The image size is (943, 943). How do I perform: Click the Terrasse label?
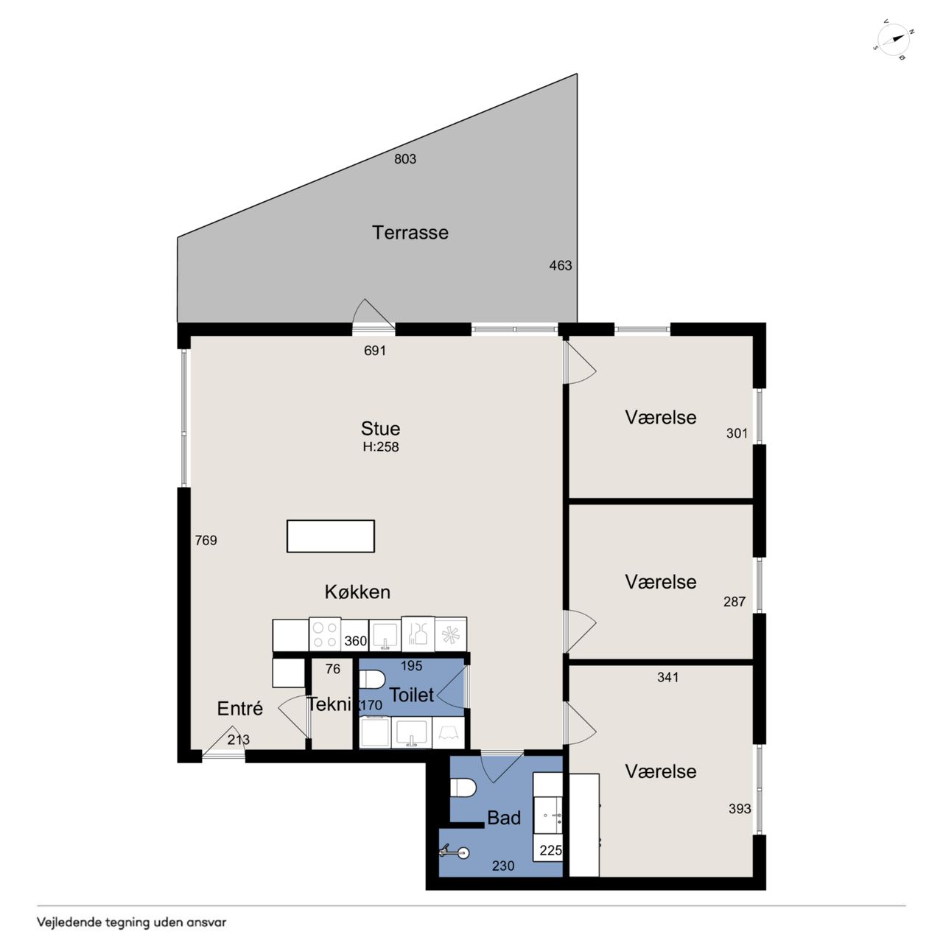pyautogui.click(x=410, y=233)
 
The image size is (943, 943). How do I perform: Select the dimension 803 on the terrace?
pyautogui.click(x=405, y=158)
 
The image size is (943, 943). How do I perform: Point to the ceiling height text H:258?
pyautogui.click(x=381, y=446)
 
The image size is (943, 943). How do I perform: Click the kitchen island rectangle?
pyautogui.click(x=331, y=536)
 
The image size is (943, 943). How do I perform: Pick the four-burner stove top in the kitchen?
pyautogui.click(x=325, y=634)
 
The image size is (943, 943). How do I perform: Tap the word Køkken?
pyautogui.click(x=357, y=592)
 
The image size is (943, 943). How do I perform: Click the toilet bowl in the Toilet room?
pyautogui.click(x=372, y=679)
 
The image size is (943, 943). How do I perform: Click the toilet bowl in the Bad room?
pyautogui.click(x=463, y=788)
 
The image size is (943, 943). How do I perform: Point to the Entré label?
pyautogui.click(x=239, y=708)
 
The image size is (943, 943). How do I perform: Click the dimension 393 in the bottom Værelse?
pyautogui.click(x=740, y=809)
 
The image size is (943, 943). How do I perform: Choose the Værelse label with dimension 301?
pyautogui.click(x=661, y=418)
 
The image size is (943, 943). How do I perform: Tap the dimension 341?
pyautogui.click(x=668, y=677)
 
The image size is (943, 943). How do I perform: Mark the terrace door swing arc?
pyautogui.click(x=373, y=312)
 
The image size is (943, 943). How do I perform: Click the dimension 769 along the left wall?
pyautogui.click(x=206, y=540)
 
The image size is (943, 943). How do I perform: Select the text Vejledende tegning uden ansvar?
pyautogui.click(x=132, y=922)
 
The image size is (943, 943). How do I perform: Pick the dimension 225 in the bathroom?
pyautogui.click(x=550, y=850)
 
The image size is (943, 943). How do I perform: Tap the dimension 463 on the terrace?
pyautogui.click(x=561, y=265)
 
